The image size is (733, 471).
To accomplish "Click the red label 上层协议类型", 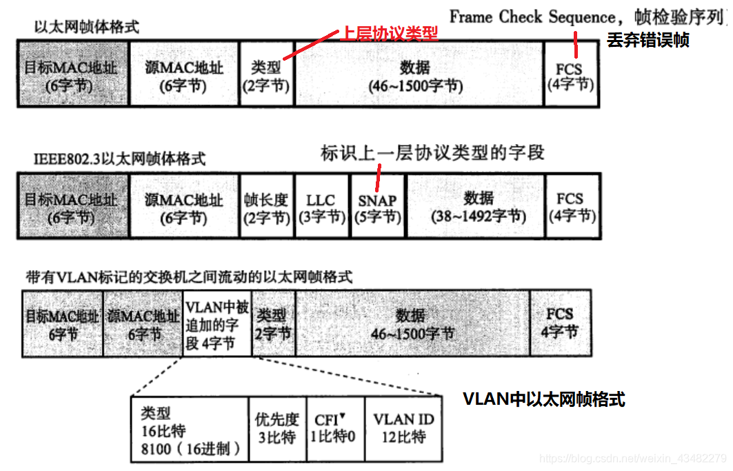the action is (389, 34).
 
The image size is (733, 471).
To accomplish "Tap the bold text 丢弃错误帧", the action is (647, 40).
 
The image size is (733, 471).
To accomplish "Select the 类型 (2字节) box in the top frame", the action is (266, 74).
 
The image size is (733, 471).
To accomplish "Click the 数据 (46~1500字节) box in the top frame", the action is (419, 74).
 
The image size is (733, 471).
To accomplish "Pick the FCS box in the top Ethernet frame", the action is (570, 74).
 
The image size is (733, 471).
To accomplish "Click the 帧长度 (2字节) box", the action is (266, 207).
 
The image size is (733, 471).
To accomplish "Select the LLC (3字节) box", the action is (323, 207).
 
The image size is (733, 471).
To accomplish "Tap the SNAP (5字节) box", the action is (378, 207).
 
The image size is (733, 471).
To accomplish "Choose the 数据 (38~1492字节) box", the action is (475, 207).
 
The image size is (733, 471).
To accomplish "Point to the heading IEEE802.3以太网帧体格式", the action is (120, 158).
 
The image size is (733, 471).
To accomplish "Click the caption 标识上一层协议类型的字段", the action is (432, 152).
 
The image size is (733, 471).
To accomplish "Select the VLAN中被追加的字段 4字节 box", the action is (217, 323).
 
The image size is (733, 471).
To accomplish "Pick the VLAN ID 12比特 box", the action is (403, 428).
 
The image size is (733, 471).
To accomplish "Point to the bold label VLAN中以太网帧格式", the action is (543, 399).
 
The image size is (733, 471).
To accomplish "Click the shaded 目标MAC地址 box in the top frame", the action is (72, 74).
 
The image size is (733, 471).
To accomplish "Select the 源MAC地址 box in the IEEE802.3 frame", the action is (183, 207).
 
